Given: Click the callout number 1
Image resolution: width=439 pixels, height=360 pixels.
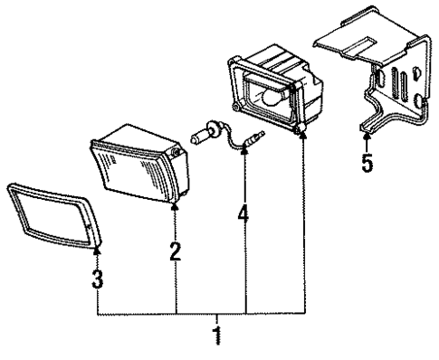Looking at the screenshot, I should [x=216, y=336].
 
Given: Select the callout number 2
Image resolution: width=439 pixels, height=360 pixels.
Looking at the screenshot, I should [x=176, y=251].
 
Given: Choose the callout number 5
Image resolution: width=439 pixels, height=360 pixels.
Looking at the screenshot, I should [x=366, y=164].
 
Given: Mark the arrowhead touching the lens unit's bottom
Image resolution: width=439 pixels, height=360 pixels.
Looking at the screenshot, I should [x=176, y=209].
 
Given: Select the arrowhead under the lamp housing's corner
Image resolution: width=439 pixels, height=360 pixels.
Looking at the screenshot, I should [x=301, y=135].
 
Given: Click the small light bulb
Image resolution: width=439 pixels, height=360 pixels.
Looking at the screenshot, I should [x=204, y=137].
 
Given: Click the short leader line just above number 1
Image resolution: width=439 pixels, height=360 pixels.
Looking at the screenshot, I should [x=216, y=320].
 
